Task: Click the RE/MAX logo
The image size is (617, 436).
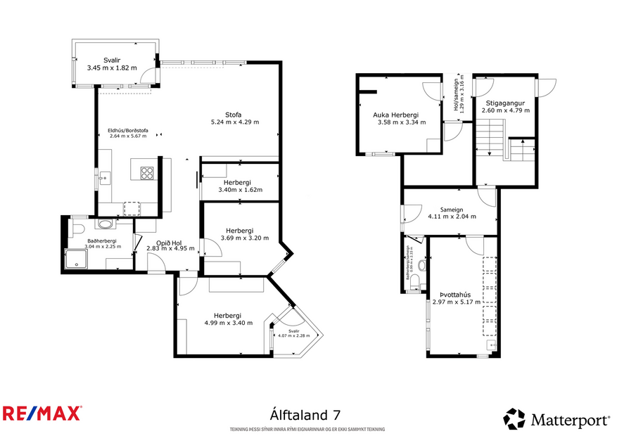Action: [42, 413]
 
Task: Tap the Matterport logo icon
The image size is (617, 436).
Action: [514, 419]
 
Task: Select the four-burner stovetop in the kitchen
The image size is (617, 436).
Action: [147, 173]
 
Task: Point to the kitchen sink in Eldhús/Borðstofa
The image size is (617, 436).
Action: [104, 177]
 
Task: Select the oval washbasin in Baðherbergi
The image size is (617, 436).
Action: [106, 224]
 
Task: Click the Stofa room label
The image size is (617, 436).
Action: [234, 115]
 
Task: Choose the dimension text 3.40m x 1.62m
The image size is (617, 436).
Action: [241, 190]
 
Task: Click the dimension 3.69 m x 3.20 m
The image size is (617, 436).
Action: [239, 238]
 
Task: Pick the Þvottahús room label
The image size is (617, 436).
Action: [459, 296]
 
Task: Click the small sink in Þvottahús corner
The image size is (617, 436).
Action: [492, 345]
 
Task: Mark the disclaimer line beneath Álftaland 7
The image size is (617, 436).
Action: [307, 429]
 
